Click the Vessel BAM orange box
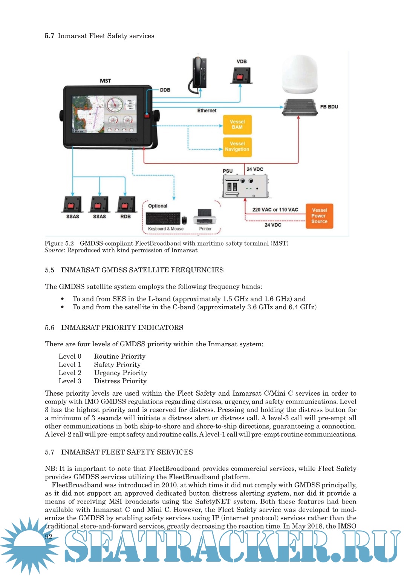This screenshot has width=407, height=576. (237, 124)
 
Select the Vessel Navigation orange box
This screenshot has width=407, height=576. (237, 147)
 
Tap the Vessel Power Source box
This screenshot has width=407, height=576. (319, 216)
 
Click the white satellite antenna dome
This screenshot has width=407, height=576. (300, 74)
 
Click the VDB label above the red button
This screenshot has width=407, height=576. (242, 61)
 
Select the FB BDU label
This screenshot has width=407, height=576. (329, 107)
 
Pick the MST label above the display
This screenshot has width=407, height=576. (106, 81)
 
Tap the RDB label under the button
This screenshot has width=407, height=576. (125, 217)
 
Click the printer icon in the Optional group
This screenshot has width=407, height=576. (205, 217)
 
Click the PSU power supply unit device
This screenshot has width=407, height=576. (245, 186)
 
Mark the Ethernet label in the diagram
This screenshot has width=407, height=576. (207, 111)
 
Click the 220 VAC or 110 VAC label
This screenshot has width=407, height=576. (275, 210)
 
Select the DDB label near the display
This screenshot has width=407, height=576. (165, 90)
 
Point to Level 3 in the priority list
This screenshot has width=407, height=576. (70, 381)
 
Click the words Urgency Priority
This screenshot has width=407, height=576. (121, 373)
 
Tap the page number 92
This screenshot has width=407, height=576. (49, 536)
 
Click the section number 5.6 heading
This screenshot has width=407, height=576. (49, 327)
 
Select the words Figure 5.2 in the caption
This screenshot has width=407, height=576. (59, 243)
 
